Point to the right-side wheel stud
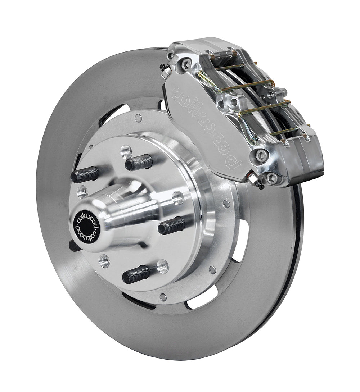172,225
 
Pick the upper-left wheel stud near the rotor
85,174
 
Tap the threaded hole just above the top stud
126,151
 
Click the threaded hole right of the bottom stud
163,266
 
